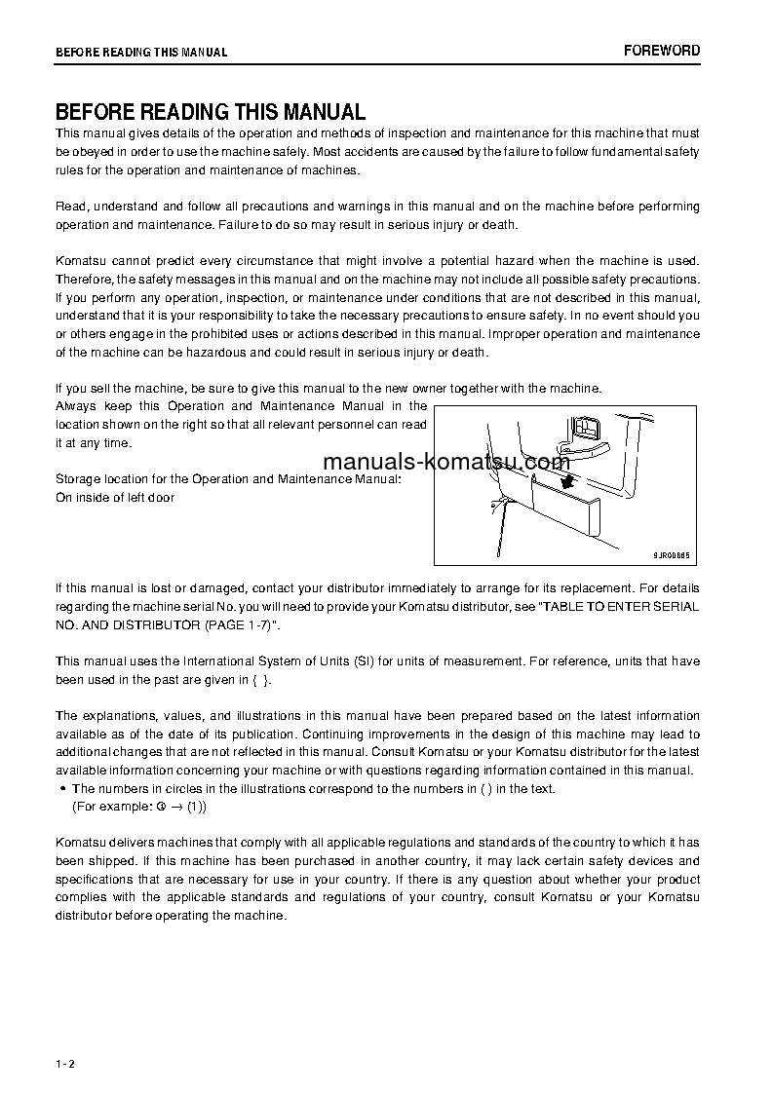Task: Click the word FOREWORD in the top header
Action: [662, 51]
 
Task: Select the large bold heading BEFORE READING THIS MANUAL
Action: [210, 112]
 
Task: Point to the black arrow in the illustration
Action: [565, 480]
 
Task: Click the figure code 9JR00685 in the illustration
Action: [671, 554]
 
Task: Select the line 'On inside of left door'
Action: [115, 498]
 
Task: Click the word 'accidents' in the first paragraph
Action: [367, 151]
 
